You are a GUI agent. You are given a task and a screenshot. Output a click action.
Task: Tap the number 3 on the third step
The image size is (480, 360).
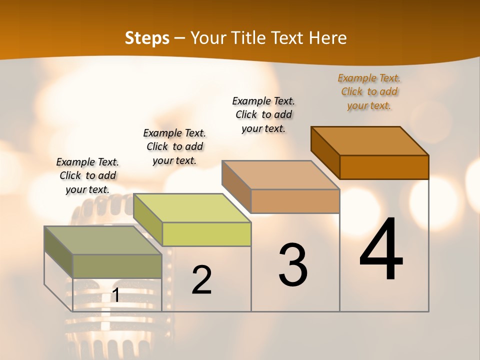click(292, 264)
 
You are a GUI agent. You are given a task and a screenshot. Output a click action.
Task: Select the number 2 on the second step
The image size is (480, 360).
click(201, 280)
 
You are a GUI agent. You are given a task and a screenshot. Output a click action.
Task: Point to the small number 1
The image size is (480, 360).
click(115, 295)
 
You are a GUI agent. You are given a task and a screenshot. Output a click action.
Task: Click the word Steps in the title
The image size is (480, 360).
click(147, 38)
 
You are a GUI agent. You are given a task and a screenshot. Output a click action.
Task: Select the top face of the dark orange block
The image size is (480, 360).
click(370, 140)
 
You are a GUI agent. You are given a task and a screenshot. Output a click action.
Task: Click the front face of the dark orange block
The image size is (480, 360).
click(384, 167)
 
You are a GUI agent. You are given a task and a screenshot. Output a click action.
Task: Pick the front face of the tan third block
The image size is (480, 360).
click(295, 201)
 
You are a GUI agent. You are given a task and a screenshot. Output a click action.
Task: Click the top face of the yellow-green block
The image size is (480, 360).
click(192, 208)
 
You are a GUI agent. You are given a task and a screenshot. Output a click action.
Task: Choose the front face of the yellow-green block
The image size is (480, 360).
click(206, 234)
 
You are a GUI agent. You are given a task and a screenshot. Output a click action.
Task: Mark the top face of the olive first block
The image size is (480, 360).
click(103, 240)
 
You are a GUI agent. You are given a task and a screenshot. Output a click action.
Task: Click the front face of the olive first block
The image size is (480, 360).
click(117, 266)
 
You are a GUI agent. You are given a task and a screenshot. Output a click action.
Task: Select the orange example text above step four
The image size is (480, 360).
click(369, 91)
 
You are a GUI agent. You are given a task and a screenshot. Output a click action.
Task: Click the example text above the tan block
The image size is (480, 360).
click(263, 114)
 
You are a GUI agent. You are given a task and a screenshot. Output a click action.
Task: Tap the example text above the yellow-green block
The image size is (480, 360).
click(174, 146)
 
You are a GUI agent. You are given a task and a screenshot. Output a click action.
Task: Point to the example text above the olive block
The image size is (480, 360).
click(87, 175)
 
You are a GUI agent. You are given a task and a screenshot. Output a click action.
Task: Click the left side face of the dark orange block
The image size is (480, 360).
click(325, 152)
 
